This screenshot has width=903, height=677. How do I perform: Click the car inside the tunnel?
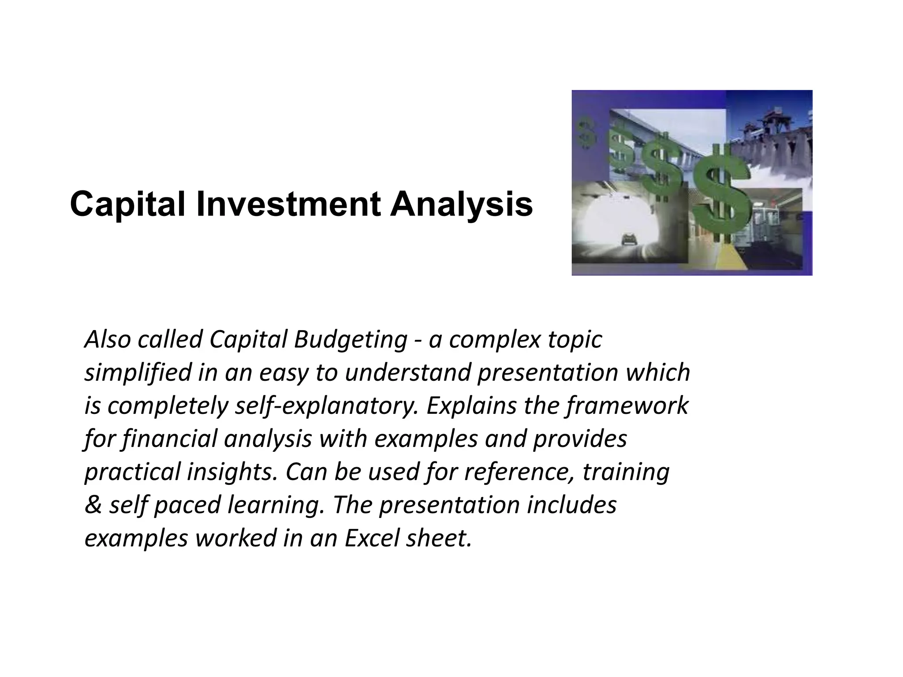pyautogui.click(x=626, y=240)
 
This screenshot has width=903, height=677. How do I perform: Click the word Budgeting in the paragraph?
pyautogui.click(x=351, y=339)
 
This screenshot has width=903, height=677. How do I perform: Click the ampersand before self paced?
pyautogui.click(x=93, y=505)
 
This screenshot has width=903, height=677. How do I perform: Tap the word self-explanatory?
pyautogui.click(x=326, y=405)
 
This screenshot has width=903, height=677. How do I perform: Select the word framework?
pyautogui.click(x=627, y=405)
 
